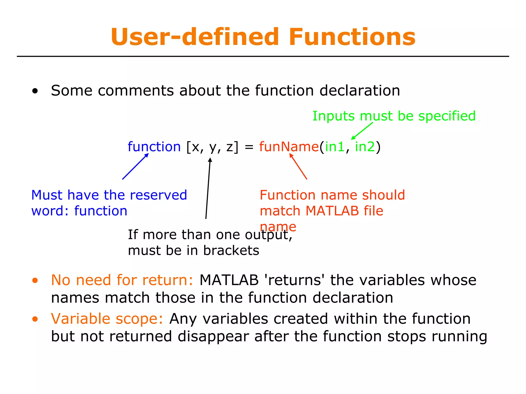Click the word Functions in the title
click(x=352, y=37)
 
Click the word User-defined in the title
click(x=195, y=37)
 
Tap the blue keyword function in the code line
click(x=154, y=147)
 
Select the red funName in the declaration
click(x=289, y=147)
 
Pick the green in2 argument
click(x=365, y=147)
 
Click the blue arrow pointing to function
click(x=135, y=166)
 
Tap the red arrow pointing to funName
click(x=298, y=166)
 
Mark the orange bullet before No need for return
click(x=35, y=281)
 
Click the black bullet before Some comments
click(x=35, y=91)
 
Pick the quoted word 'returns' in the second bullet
click(x=295, y=280)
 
